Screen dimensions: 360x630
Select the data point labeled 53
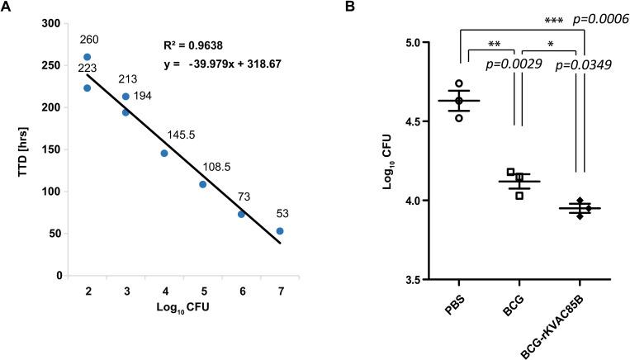(280, 231)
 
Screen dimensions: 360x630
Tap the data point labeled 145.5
(164, 153)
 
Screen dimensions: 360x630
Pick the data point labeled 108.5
(202, 184)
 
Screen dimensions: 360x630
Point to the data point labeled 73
(241, 214)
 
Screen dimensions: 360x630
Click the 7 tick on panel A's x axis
(280, 291)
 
